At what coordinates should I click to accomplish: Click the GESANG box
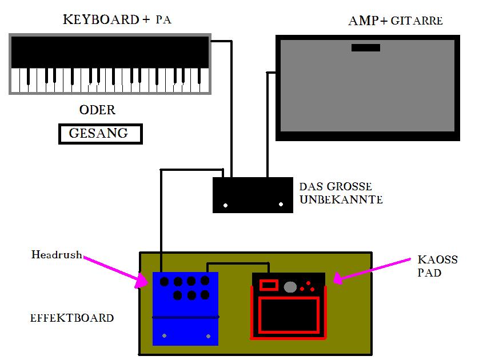pyautogui.click(x=100, y=134)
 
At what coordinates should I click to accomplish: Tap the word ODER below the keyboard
pyautogui.click(x=97, y=110)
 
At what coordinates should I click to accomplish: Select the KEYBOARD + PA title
pyautogui.click(x=117, y=20)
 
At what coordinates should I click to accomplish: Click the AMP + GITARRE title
pyautogui.click(x=396, y=21)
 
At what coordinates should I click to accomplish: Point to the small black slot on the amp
pyautogui.click(x=366, y=48)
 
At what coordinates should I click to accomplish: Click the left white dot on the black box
pyautogui.click(x=225, y=205)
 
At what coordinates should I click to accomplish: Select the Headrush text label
pyautogui.click(x=57, y=255)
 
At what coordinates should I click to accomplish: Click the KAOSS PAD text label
pyautogui.click(x=438, y=266)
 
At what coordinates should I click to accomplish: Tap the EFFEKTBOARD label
pyautogui.click(x=71, y=318)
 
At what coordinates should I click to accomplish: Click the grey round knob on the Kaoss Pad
pyautogui.click(x=291, y=286)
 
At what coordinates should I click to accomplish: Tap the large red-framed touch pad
pyautogui.click(x=288, y=315)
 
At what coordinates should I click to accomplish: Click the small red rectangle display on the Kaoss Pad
pyautogui.click(x=268, y=285)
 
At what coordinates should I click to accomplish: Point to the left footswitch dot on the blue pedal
pyautogui.click(x=165, y=335)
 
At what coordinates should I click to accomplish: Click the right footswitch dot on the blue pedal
pyautogui.click(x=208, y=335)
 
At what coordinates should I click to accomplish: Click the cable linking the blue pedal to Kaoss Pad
pyautogui.click(x=237, y=264)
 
